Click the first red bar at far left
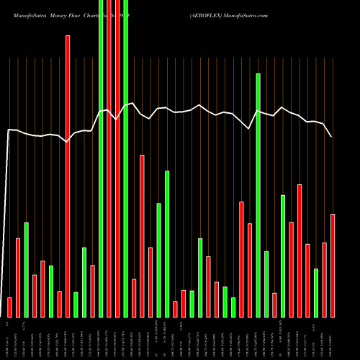tap(9, 307)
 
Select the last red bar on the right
tap(333, 266)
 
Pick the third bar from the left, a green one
tap(26, 270)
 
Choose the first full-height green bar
tap(101, 158)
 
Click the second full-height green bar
tap(125, 158)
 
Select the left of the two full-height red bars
tap(109, 158)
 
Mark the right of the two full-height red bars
tap(117, 158)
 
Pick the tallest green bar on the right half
tap(258, 195)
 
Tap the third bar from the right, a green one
tap(316, 293)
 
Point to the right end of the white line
tap(332, 137)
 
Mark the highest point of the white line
tap(131, 104)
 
